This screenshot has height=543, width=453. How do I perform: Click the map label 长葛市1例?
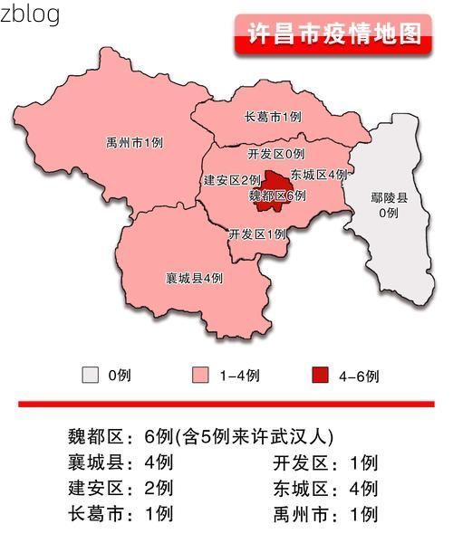[273, 117]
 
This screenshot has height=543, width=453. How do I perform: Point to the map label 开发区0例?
[275, 154]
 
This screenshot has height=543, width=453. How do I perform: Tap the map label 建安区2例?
[233, 180]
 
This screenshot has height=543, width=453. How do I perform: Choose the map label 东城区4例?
[319, 174]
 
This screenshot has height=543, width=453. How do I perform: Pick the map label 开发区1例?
[257, 233]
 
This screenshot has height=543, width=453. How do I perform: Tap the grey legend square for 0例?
[90, 375]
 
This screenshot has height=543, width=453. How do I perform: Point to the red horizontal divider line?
[226, 404]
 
